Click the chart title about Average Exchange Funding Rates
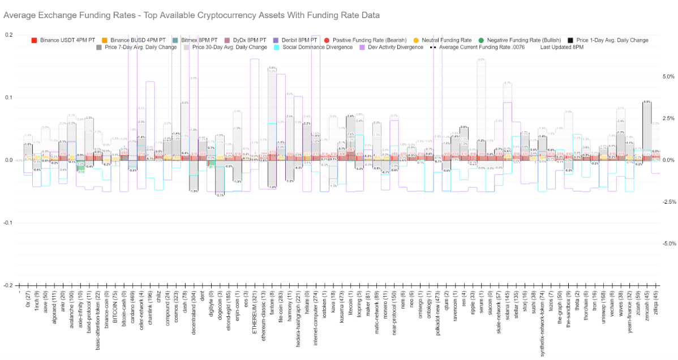[192, 15]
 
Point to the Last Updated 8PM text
[563, 48]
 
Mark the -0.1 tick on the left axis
[6, 223]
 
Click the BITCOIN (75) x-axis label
[115, 309]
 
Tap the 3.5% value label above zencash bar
[647, 102]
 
